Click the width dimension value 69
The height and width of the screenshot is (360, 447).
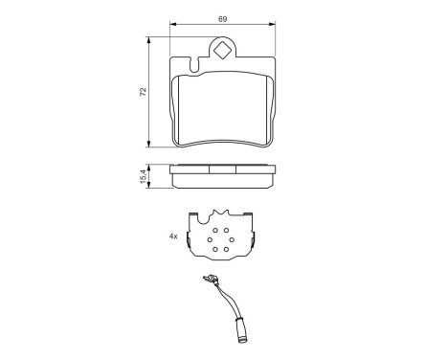pyautogui.click(x=223, y=17)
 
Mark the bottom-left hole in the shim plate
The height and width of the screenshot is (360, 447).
pyautogui.click(x=216, y=251)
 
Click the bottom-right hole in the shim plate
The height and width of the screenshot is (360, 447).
pyautogui.click(x=230, y=251)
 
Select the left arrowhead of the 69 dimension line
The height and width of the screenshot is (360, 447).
pyautogui.click(x=171, y=25)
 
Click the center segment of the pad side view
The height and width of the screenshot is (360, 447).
pyautogui.click(x=223, y=171)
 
